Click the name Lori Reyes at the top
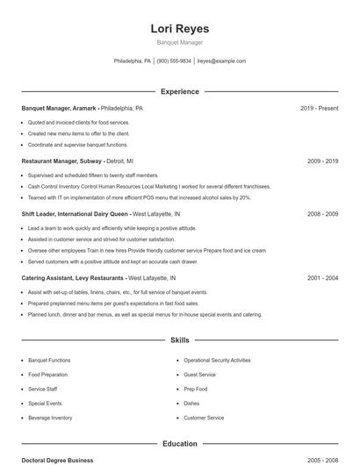click(x=179, y=29)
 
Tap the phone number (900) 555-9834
click(x=174, y=61)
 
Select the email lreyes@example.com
click(x=221, y=61)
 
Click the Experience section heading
click(x=179, y=91)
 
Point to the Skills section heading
click(x=179, y=340)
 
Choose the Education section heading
click(x=179, y=444)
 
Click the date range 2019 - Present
click(x=319, y=109)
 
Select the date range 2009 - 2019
click(x=322, y=161)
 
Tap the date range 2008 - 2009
click(x=322, y=214)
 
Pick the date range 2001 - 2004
click(x=322, y=278)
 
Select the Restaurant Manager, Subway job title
click(x=62, y=161)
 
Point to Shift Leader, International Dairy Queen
click(x=75, y=214)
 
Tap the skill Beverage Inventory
click(x=50, y=418)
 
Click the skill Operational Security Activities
click(x=217, y=361)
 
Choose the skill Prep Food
click(x=196, y=389)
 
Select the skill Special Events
click(x=45, y=404)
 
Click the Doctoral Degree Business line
click(x=57, y=461)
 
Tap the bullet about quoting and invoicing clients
click(x=78, y=123)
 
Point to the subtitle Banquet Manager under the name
click(x=179, y=42)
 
